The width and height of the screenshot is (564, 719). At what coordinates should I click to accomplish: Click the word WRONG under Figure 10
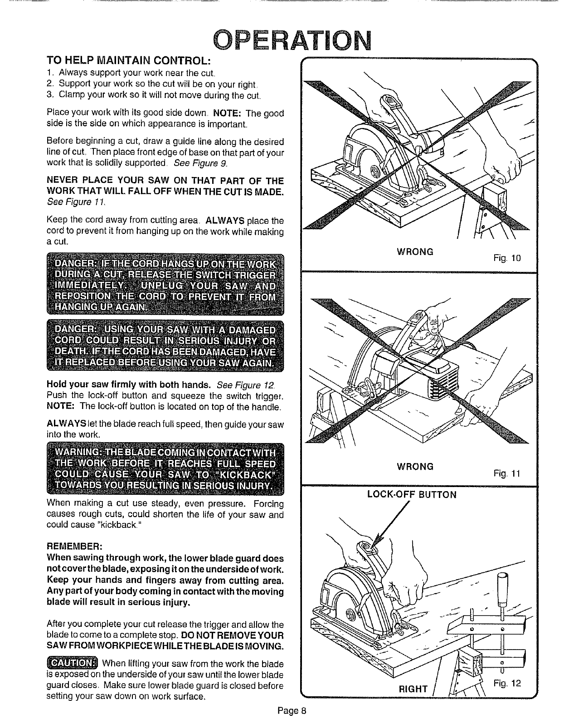[415, 251]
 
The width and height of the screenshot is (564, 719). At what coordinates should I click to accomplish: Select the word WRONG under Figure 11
[415, 466]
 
